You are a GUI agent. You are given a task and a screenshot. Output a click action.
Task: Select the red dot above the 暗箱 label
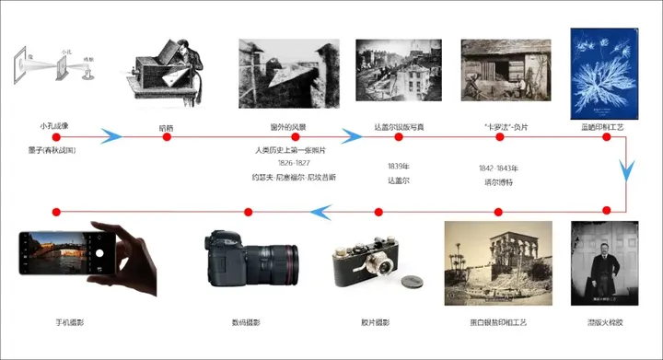[x=167, y=137]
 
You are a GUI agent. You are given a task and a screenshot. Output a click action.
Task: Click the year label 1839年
[x=399, y=167]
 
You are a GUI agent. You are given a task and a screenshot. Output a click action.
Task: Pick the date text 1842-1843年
[x=498, y=168]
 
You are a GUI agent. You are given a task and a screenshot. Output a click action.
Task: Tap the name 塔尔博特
[x=498, y=182]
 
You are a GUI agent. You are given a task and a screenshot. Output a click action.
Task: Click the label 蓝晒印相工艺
[x=606, y=124]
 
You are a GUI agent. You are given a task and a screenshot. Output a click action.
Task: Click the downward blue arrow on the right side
[x=627, y=170]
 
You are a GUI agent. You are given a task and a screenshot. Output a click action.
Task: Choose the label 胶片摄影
[x=375, y=322]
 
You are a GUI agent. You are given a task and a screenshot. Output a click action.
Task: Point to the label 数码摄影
[x=246, y=322]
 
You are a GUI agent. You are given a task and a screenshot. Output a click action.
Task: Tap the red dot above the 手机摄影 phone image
[x=55, y=212]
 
